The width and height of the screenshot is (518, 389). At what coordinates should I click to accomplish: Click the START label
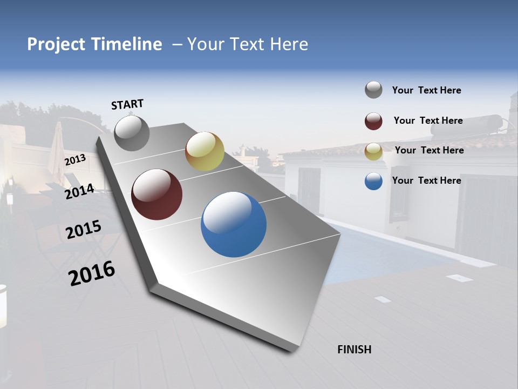127,104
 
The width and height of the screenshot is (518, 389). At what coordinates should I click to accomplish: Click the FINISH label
354,350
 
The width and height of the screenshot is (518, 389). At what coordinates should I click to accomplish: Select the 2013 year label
75,160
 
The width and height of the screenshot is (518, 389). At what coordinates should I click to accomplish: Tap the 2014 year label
79,191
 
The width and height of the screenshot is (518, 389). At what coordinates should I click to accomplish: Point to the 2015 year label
83,230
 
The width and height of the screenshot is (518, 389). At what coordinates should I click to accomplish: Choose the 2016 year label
92,273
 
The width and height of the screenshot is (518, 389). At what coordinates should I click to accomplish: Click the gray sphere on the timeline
132,133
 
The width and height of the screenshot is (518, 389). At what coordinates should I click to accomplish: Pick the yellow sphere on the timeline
205,151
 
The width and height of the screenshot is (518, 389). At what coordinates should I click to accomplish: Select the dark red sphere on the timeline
156,194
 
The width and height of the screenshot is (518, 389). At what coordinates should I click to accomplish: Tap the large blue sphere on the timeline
234,224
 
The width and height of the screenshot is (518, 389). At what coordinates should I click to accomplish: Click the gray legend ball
373,90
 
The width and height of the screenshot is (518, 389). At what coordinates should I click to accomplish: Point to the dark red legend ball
373,121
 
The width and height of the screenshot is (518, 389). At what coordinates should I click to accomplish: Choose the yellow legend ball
373,151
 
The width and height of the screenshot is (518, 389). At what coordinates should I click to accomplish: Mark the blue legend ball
373,181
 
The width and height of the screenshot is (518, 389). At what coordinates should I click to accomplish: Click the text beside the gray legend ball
426,90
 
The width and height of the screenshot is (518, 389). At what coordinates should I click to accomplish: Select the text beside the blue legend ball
426,180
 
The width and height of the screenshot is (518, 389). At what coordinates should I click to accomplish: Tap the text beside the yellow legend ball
429,150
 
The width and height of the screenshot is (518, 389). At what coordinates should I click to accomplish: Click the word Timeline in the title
127,44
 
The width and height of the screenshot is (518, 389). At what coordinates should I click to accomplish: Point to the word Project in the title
56,44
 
